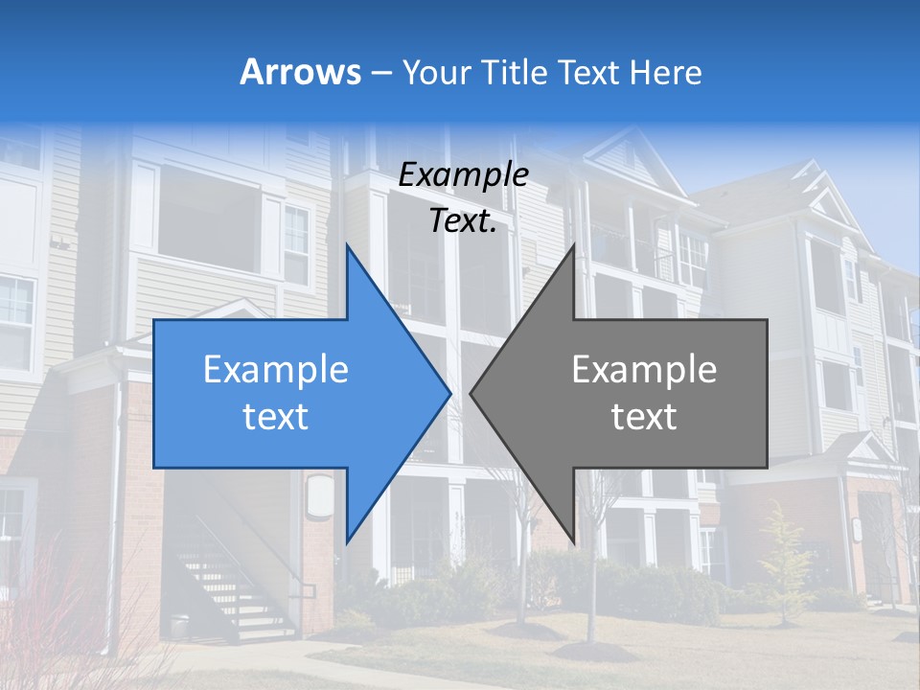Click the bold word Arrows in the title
pos(301,72)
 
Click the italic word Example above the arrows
pos(463,174)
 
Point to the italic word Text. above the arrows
pos(463,220)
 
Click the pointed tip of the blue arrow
pos(449,393)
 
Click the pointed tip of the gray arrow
pos(471,393)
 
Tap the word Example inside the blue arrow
pos(276,370)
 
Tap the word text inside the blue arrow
pos(276,417)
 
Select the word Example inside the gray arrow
pos(644,370)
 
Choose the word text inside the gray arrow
pos(644,417)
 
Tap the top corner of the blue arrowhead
pos(347,245)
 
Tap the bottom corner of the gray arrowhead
pos(574,541)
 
